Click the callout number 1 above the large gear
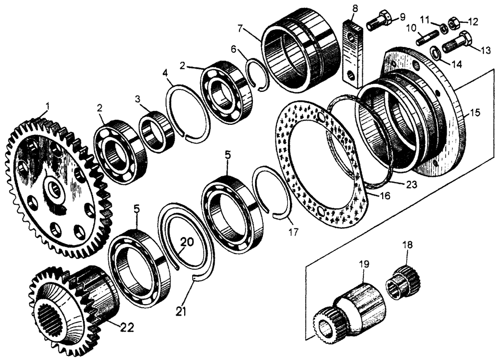click(x=47, y=106)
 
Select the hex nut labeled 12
click(x=455, y=22)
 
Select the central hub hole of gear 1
click(x=53, y=189)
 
